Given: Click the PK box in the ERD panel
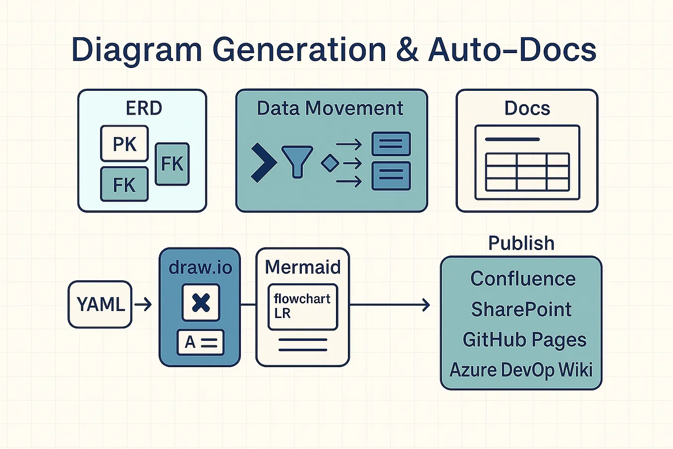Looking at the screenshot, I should coord(124,144).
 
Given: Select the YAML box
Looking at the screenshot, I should coord(100,304).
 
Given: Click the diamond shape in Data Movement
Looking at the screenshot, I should coord(330,163).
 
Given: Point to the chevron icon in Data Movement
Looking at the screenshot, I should coord(263,163).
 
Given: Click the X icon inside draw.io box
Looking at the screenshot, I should coord(201,303).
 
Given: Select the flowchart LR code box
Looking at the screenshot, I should coord(302,307).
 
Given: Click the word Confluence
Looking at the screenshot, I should coord(523,279).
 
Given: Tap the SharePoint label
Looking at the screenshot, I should coord(521,309).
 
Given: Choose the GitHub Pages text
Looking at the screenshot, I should coord(524,340).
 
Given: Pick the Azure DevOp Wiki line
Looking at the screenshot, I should coord(521,370).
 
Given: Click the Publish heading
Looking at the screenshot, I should coord(521,243).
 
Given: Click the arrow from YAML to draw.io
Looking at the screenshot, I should coord(143,304).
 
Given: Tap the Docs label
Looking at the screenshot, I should coord(527,108).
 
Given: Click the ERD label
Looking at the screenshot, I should coord(144,108).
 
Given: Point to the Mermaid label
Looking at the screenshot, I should coord(303,267).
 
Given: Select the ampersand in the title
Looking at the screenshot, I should coord(407,50).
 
